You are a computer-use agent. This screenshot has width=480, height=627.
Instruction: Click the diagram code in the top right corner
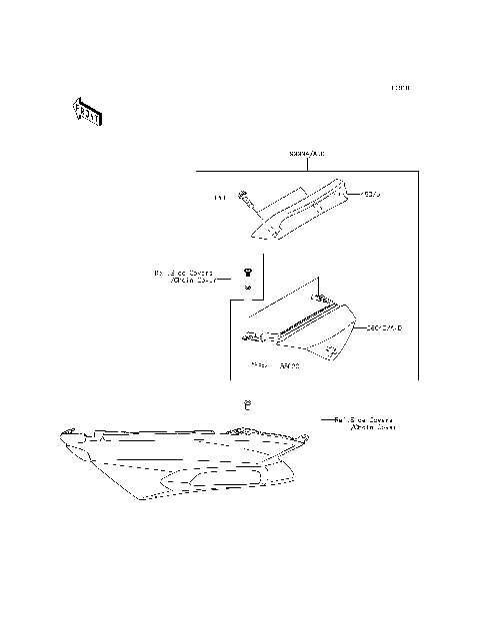pos(400,89)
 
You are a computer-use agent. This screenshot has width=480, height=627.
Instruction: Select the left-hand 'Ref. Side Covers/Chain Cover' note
pos(183,276)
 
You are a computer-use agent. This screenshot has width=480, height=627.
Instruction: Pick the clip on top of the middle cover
pos(319,297)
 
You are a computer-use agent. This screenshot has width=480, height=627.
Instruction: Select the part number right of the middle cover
pos(386,326)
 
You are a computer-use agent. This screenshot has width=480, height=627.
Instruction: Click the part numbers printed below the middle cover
pos(276,366)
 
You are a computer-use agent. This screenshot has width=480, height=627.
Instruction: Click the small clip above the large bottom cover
pos(247,404)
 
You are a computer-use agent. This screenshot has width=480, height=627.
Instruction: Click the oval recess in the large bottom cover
pos(199,482)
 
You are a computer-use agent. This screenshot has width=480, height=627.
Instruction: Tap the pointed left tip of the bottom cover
pos(62,433)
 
